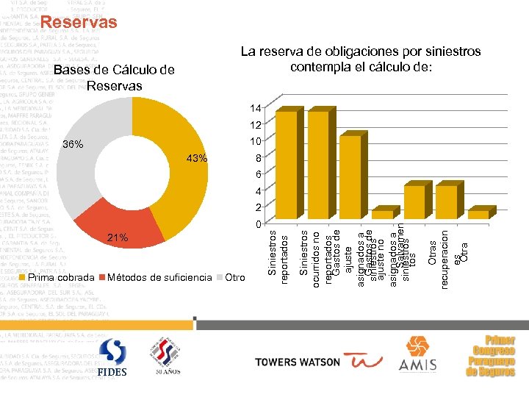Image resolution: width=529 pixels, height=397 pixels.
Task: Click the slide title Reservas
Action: pos(79,23)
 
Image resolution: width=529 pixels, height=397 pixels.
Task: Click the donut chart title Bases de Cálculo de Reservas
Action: pos(114,77)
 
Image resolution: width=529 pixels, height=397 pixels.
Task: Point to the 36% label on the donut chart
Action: pos(73,143)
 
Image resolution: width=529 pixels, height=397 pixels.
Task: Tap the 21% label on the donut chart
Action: pos(118,237)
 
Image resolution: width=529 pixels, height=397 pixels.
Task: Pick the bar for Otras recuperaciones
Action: pos(446,201)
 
